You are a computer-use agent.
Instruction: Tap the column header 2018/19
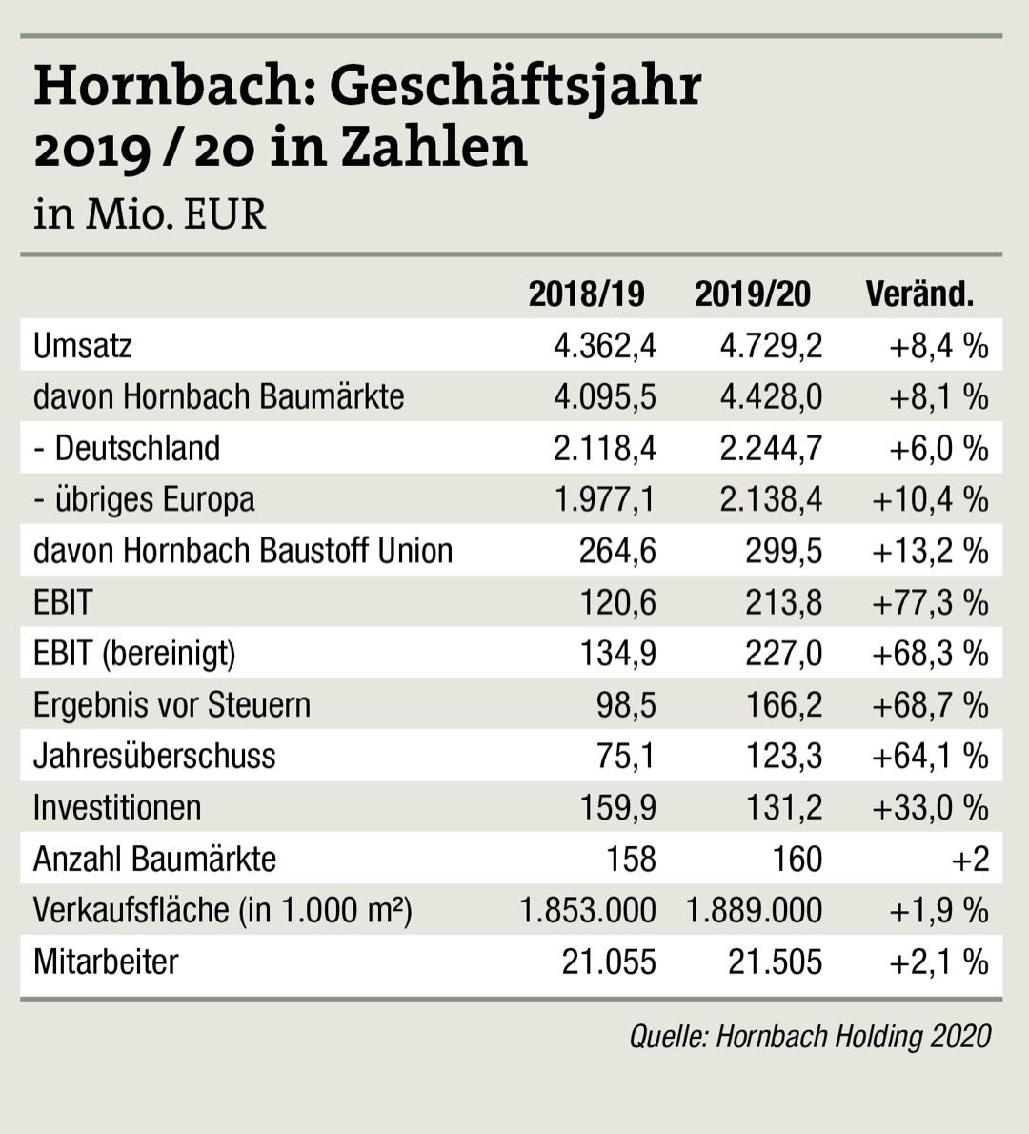click(x=586, y=294)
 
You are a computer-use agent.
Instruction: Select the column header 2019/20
click(x=752, y=294)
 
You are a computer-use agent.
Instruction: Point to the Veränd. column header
click(x=919, y=294)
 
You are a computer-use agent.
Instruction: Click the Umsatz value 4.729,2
click(x=770, y=345)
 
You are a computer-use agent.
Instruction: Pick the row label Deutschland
click(x=137, y=448)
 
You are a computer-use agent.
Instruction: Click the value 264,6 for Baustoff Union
click(x=617, y=551)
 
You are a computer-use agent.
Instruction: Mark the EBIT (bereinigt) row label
click(x=134, y=654)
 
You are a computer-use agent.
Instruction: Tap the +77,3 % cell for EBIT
click(x=930, y=602)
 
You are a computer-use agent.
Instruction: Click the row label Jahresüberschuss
click(x=154, y=757)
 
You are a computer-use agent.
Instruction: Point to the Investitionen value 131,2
click(x=783, y=808)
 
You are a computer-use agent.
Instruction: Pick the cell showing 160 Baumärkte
click(x=797, y=860)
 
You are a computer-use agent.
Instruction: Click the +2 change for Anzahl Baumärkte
click(x=970, y=860)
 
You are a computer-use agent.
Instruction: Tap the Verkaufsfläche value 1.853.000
click(x=587, y=911)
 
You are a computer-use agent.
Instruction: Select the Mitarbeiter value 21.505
click(x=775, y=962)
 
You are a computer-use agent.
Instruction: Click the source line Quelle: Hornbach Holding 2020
click(x=810, y=1036)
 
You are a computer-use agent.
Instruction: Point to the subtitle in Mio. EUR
click(x=150, y=213)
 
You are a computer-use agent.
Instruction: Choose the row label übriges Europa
click(x=154, y=499)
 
